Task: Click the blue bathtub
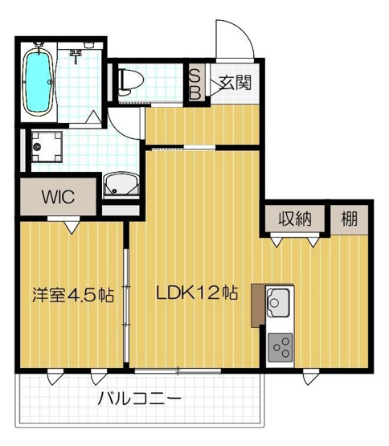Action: pyautogui.click(x=38, y=83)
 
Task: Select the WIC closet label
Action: pyautogui.click(x=58, y=196)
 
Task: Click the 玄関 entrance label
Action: pyautogui.click(x=235, y=83)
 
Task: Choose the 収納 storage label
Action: pyautogui.click(x=295, y=219)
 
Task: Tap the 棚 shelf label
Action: pyautogui.click(x=349, y=219)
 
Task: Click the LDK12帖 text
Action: pyautogui.click(x=197, y=293)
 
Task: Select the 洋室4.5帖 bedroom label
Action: pyautogui.click(x=73, y=295)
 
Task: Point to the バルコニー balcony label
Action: pyautogui.click(x=139, y=399)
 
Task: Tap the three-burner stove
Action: pyautogui.click(x=280, y=347)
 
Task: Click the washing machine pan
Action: pyautogui.click(x=47, y=147)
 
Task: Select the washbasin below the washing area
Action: pyautogui.click(x=121, y=185)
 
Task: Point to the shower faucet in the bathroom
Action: pyautogui.click(x=76, y=55)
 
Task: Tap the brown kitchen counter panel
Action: pyautogui.click(x=258, y=305)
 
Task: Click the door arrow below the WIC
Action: pyautogui.click(x=72, y=227)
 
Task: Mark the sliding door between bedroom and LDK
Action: pyautogui.click(x=126, y=305)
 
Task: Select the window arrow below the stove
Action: pyautogui.click(x=311, y=377)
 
